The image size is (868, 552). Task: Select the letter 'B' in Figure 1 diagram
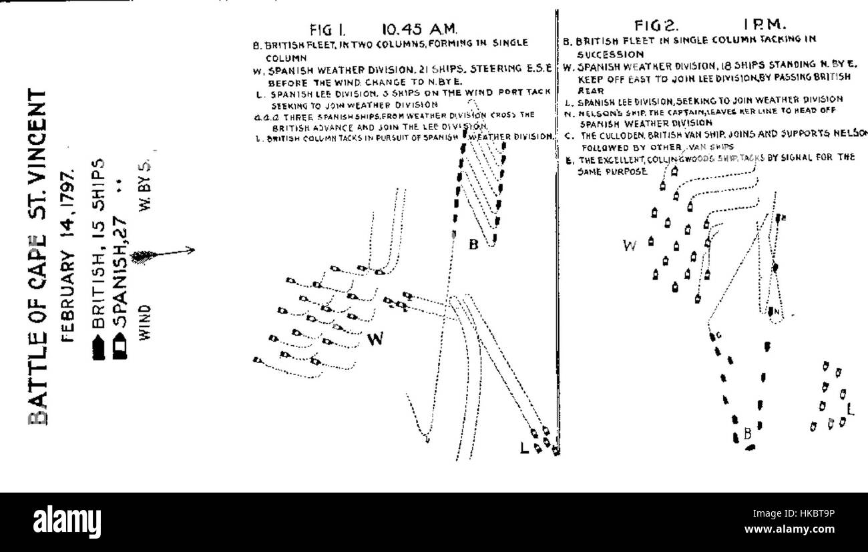[473, 245]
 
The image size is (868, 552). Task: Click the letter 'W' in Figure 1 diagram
[376, 339]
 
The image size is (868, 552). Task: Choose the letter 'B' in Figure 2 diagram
[748, 435]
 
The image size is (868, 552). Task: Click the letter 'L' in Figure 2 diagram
[849, 408]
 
